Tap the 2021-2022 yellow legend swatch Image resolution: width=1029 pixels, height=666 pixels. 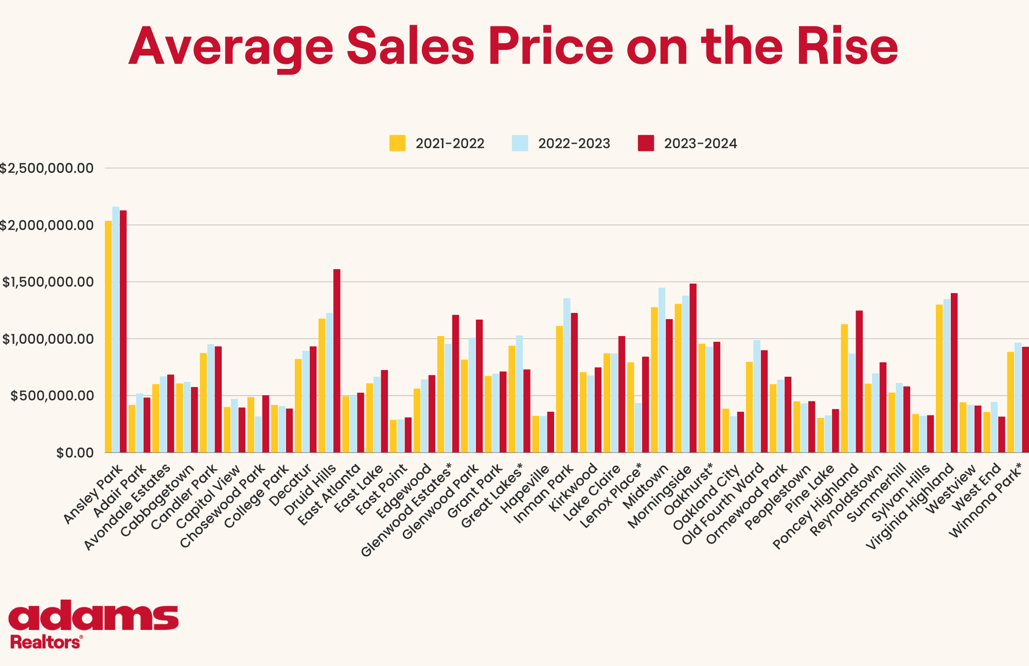pyautogui.click(x=397, y=143)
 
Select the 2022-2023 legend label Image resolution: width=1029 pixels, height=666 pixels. pyautogui.click(x=574, y=144)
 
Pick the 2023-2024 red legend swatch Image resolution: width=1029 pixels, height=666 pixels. pyautogui.click(x=646, y=143)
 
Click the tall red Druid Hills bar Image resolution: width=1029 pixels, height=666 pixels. pyautogui.click(x=336, y=360)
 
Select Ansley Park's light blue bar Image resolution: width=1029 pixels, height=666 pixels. pyautogui.click(x=116, y=329)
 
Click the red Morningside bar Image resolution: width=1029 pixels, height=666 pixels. pyautogui.click(x=693, y=368)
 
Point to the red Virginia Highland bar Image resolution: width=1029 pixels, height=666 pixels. pyautogui.click(x=954, y=373)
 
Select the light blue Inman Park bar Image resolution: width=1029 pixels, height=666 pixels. pyautogui.click(x=566, y=375)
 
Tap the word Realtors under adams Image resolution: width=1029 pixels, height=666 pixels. pyautogui.click(x=45, y=642)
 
